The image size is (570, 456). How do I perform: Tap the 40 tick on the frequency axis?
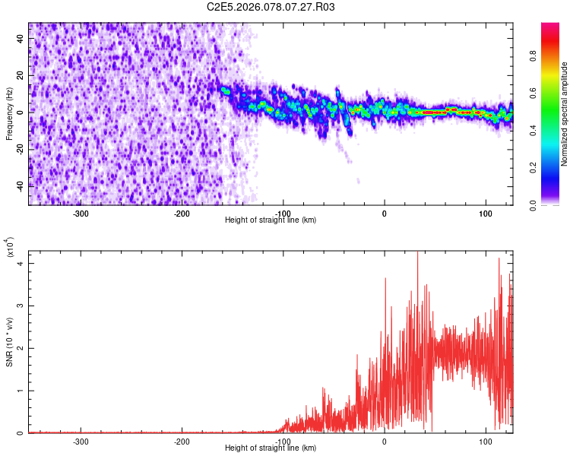[21, 40]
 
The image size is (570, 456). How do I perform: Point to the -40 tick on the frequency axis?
[20, 185]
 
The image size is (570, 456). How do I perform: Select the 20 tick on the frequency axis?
[21, 76]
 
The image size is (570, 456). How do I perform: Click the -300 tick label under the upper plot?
[81, 213]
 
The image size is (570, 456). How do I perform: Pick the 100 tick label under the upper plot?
[485, 213]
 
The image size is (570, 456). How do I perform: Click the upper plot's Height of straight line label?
[271, 220]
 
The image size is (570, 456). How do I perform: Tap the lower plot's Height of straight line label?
[271, 448]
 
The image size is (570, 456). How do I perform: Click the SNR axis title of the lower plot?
[9, 339]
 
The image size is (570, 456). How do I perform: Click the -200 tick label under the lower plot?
[182, 441]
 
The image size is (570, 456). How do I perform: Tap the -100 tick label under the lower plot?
[283, 441]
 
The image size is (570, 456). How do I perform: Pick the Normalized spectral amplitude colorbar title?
[564, 114]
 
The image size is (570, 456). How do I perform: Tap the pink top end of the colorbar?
[550, 27]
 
